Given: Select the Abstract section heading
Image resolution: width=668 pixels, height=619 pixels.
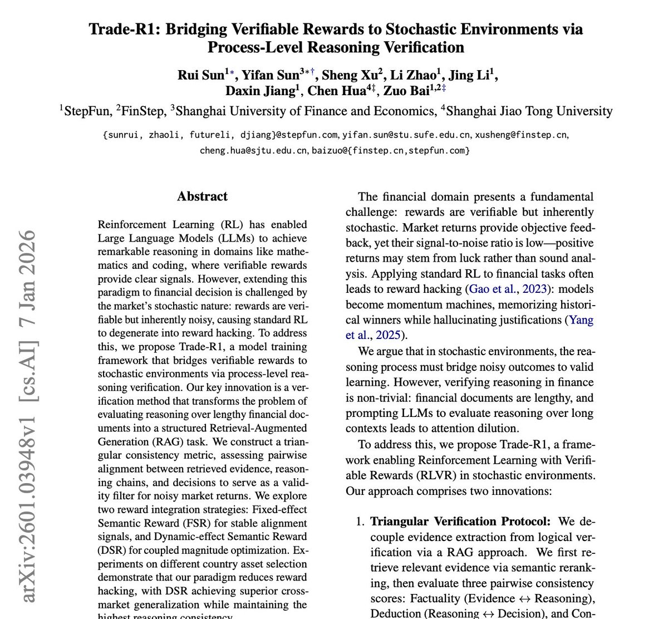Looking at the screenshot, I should click(202, 196).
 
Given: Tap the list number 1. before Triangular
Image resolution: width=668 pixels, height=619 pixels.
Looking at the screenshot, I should click(361, 522).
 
